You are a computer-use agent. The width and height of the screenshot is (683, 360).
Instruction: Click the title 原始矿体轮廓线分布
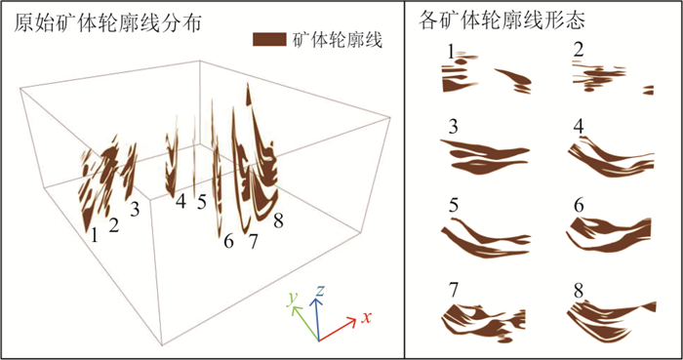click(x=107, y=23)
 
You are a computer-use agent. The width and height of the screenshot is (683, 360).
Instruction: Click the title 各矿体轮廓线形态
click(x=502, y=20)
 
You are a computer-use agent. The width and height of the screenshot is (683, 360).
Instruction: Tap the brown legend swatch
click(x=269, y=40)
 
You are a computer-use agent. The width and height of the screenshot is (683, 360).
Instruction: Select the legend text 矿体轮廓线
click(x=338, y=40)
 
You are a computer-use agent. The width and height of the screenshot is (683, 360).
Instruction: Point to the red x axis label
click(x=366, y=318)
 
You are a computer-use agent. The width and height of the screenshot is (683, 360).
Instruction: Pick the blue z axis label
click(x=320, y=291)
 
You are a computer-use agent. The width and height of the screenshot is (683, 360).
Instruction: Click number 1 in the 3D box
click(x=94, y=235)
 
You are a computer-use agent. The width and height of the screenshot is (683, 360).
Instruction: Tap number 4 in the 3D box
click(x=181, y=202)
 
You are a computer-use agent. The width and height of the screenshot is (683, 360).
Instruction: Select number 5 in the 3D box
click(x=201, y=202)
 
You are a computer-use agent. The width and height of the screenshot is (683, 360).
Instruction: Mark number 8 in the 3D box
click(x=278, y=220)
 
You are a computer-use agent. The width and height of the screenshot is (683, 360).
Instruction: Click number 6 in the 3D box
click(x=228, y=241)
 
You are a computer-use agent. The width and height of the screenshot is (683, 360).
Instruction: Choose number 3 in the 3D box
click(x=135, y=211)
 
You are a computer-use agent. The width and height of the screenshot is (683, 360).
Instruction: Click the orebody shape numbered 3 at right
click(x=485, y=157)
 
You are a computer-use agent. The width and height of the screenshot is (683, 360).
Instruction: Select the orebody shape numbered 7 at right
click(x=484, y=323)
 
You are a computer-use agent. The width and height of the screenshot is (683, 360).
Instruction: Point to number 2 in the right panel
click(x=579, y=51)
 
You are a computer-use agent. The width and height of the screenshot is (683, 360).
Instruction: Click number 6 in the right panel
click(x=579, y=205)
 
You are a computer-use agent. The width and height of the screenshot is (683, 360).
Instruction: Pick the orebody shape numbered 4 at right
click(x=610, y=157)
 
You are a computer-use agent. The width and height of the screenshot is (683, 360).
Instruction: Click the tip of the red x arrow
click(x=357, y=320)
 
